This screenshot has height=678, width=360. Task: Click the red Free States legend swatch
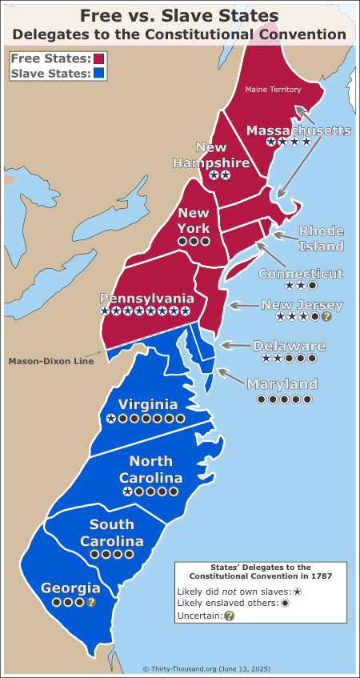click(100, 59)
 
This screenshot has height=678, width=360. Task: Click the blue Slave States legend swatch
click(100, 74)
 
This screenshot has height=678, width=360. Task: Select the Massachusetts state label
click(298, 130)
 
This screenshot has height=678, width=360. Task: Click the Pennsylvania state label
click(146, 297)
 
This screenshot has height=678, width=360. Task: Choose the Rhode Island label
click(322, 239)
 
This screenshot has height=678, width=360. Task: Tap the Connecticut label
click(301, 273)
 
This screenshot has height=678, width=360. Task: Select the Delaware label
click(289, 346)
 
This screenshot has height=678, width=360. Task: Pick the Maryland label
click(282, 383)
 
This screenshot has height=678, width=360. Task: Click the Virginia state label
click(147, 404)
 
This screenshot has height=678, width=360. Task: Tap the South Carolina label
click(116, 533)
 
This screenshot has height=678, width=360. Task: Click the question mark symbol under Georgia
click(91, 602)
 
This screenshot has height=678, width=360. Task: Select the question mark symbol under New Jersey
click(326, 317)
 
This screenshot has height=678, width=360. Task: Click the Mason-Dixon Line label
click(51, 361)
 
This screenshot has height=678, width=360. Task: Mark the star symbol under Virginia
click(110, 418)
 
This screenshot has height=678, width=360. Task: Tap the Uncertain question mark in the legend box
click(229, 616)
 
